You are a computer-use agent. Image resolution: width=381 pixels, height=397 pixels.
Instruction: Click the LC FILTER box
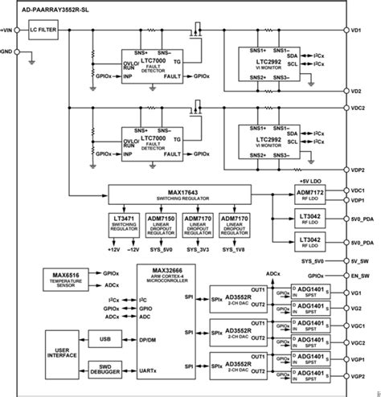click(44, 30)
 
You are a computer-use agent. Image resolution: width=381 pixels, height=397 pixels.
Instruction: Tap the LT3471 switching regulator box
click(125, 223)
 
